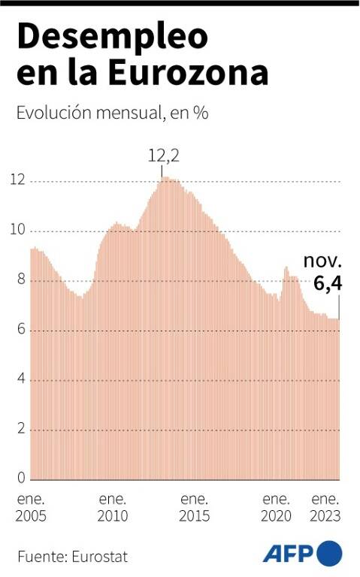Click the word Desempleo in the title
point(113,38)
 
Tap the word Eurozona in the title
point(188,72)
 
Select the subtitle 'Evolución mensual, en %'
point(113,113)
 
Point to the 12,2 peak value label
point(164,156)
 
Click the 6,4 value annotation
point(328,283)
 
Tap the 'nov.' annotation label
point(323,261)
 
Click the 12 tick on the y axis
point(18,180)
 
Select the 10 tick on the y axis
point(18,230)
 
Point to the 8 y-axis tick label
point(21,279)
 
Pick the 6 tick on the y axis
point(21,329)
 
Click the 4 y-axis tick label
point(21,379)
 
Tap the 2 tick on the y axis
point(21,428)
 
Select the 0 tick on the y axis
point(21,478)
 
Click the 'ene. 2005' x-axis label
point(31,508)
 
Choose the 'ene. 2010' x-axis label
point(113,508)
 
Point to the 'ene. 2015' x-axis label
point(195,508)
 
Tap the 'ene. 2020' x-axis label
point(276,508)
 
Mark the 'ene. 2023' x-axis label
point(325,508)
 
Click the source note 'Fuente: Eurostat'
point(72,557)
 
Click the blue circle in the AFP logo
point(329,554)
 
